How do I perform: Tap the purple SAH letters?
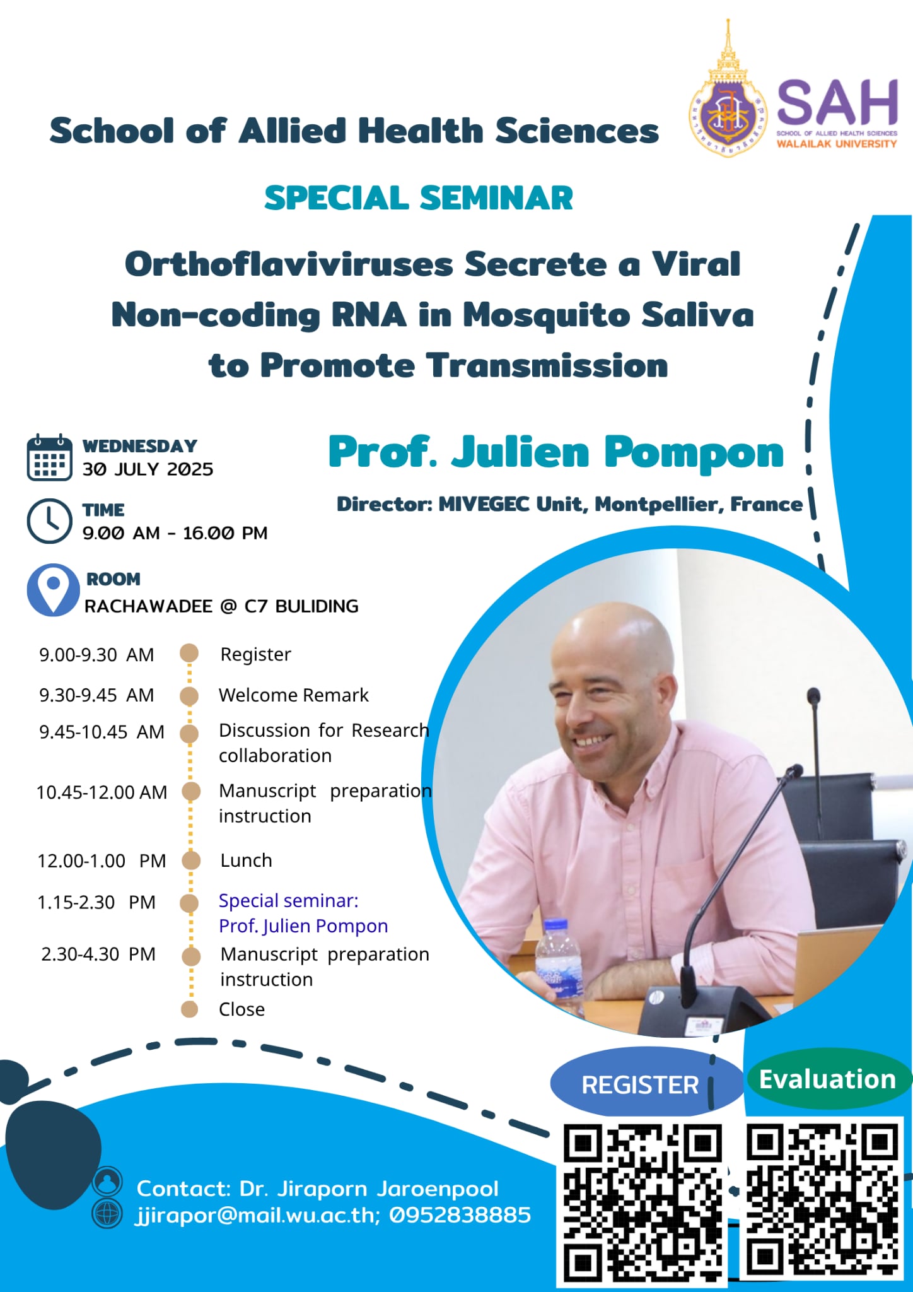tap(837, 103)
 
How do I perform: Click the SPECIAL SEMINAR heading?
tap(419, 198)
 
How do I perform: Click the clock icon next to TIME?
tap(49, 521)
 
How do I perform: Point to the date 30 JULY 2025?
tap(148, 469)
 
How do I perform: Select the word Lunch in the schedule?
tap(246, 860)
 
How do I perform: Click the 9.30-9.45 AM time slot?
tap(96, 695)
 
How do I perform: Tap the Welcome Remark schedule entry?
tap(293, 695)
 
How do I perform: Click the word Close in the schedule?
tap(241, 1009)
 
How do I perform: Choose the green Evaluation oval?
tap(828, 1079)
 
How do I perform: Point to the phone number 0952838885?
tap(460, 1215)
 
